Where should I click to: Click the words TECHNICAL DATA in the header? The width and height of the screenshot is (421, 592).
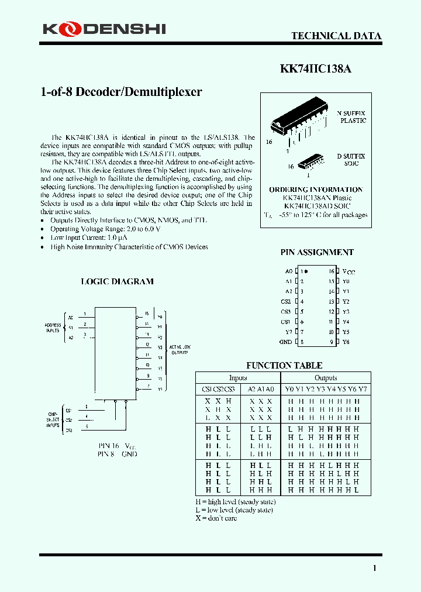click(x=336, y=36)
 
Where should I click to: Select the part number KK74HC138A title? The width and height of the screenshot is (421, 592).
click(x=316, y=68)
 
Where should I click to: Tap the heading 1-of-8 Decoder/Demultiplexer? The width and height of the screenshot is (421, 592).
click(x=121, y=92)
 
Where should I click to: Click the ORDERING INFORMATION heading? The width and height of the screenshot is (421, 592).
click(x=316, y=190)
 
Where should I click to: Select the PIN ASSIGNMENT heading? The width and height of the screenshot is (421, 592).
click(x=317, y=252)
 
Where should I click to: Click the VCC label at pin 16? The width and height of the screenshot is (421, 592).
click(x=348, y=272)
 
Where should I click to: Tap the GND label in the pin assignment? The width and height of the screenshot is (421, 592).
click(x=285, y=342)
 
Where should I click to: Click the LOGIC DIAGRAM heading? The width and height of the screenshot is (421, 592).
click(x=117, y=281)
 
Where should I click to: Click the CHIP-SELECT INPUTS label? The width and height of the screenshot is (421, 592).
click(x=53, y=420)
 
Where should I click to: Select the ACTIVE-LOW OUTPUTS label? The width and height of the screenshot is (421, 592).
click(x=179, y=350)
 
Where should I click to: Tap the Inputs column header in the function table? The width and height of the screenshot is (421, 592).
click(x=237, y=378)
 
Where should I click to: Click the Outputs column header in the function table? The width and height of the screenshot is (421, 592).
click(x=326, y=378)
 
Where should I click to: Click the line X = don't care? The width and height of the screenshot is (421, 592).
click(x=216, y=518)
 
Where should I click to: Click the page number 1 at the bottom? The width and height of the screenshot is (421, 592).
click(x=374, y=568)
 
